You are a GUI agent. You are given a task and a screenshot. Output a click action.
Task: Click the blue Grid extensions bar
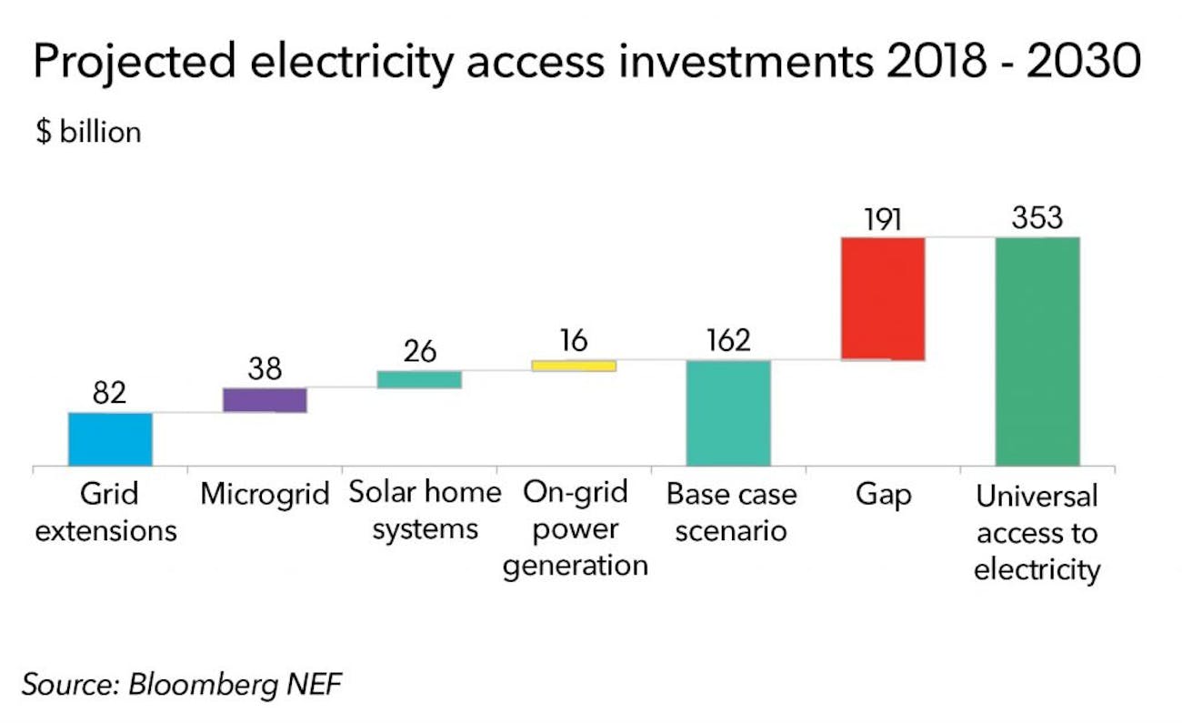click(x=110, y=439)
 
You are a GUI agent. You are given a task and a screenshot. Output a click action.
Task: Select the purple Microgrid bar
click(x=265, y=400)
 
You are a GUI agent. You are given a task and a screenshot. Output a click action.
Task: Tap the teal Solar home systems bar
click(x=419, y=379)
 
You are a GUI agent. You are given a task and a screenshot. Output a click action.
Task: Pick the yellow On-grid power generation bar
click(x=574, y=366)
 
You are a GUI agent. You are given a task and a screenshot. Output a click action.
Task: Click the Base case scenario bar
click(x=728, y=413)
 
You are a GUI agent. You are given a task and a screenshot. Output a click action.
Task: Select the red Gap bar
click(x=883, y=299)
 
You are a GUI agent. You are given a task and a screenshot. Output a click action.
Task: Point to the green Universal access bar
click(x=1037, y=351)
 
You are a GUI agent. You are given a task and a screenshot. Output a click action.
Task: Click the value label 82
click(x=110, y=394)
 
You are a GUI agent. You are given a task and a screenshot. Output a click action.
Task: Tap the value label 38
click(x=265, y=368)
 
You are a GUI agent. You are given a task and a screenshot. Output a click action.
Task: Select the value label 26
click(x=420, y=351)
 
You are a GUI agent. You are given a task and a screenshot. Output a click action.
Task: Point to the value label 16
click(x=574, y=340)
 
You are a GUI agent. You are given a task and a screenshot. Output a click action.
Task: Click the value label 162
click(x=728, y=340)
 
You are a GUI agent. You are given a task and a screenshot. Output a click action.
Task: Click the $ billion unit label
click(x=88, y=132)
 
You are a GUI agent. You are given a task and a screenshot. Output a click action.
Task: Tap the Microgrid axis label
click(x=265, y=495)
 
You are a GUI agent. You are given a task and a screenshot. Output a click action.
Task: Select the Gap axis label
click(x=883, y=495)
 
